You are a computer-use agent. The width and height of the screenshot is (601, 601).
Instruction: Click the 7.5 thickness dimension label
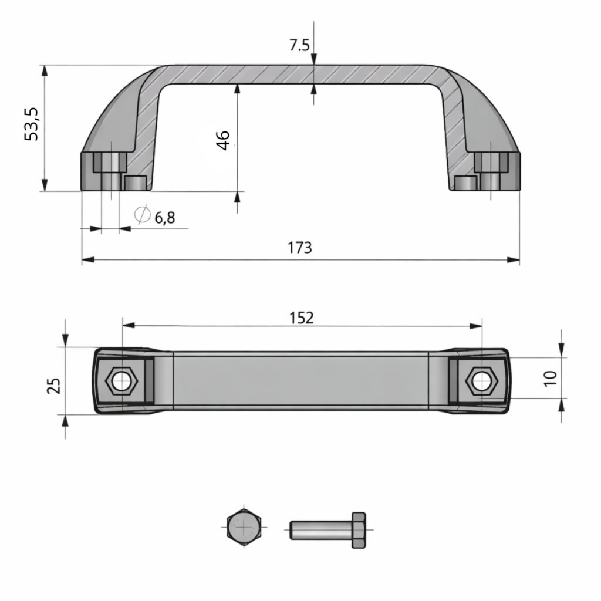point(299,45)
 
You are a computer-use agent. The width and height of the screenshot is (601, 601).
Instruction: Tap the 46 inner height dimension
point(224,140)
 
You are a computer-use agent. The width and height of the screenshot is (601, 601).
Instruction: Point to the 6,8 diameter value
point(165,218)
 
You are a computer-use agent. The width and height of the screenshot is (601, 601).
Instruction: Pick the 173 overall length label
point(299,248)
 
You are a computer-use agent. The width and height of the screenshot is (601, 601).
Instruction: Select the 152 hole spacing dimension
point(302,318)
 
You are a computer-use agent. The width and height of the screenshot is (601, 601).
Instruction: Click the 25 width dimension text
point(53,386)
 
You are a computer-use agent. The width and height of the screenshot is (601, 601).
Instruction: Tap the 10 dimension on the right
point(550,378)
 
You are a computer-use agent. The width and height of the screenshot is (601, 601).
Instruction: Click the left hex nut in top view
point(122,381)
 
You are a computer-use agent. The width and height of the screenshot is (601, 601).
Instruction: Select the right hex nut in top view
point(481,381)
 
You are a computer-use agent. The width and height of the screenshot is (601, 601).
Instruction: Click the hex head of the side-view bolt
point(359,530)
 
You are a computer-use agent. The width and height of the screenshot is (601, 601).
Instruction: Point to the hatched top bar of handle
point(299,74)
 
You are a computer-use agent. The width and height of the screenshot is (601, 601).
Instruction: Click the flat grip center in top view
point(300,380)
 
